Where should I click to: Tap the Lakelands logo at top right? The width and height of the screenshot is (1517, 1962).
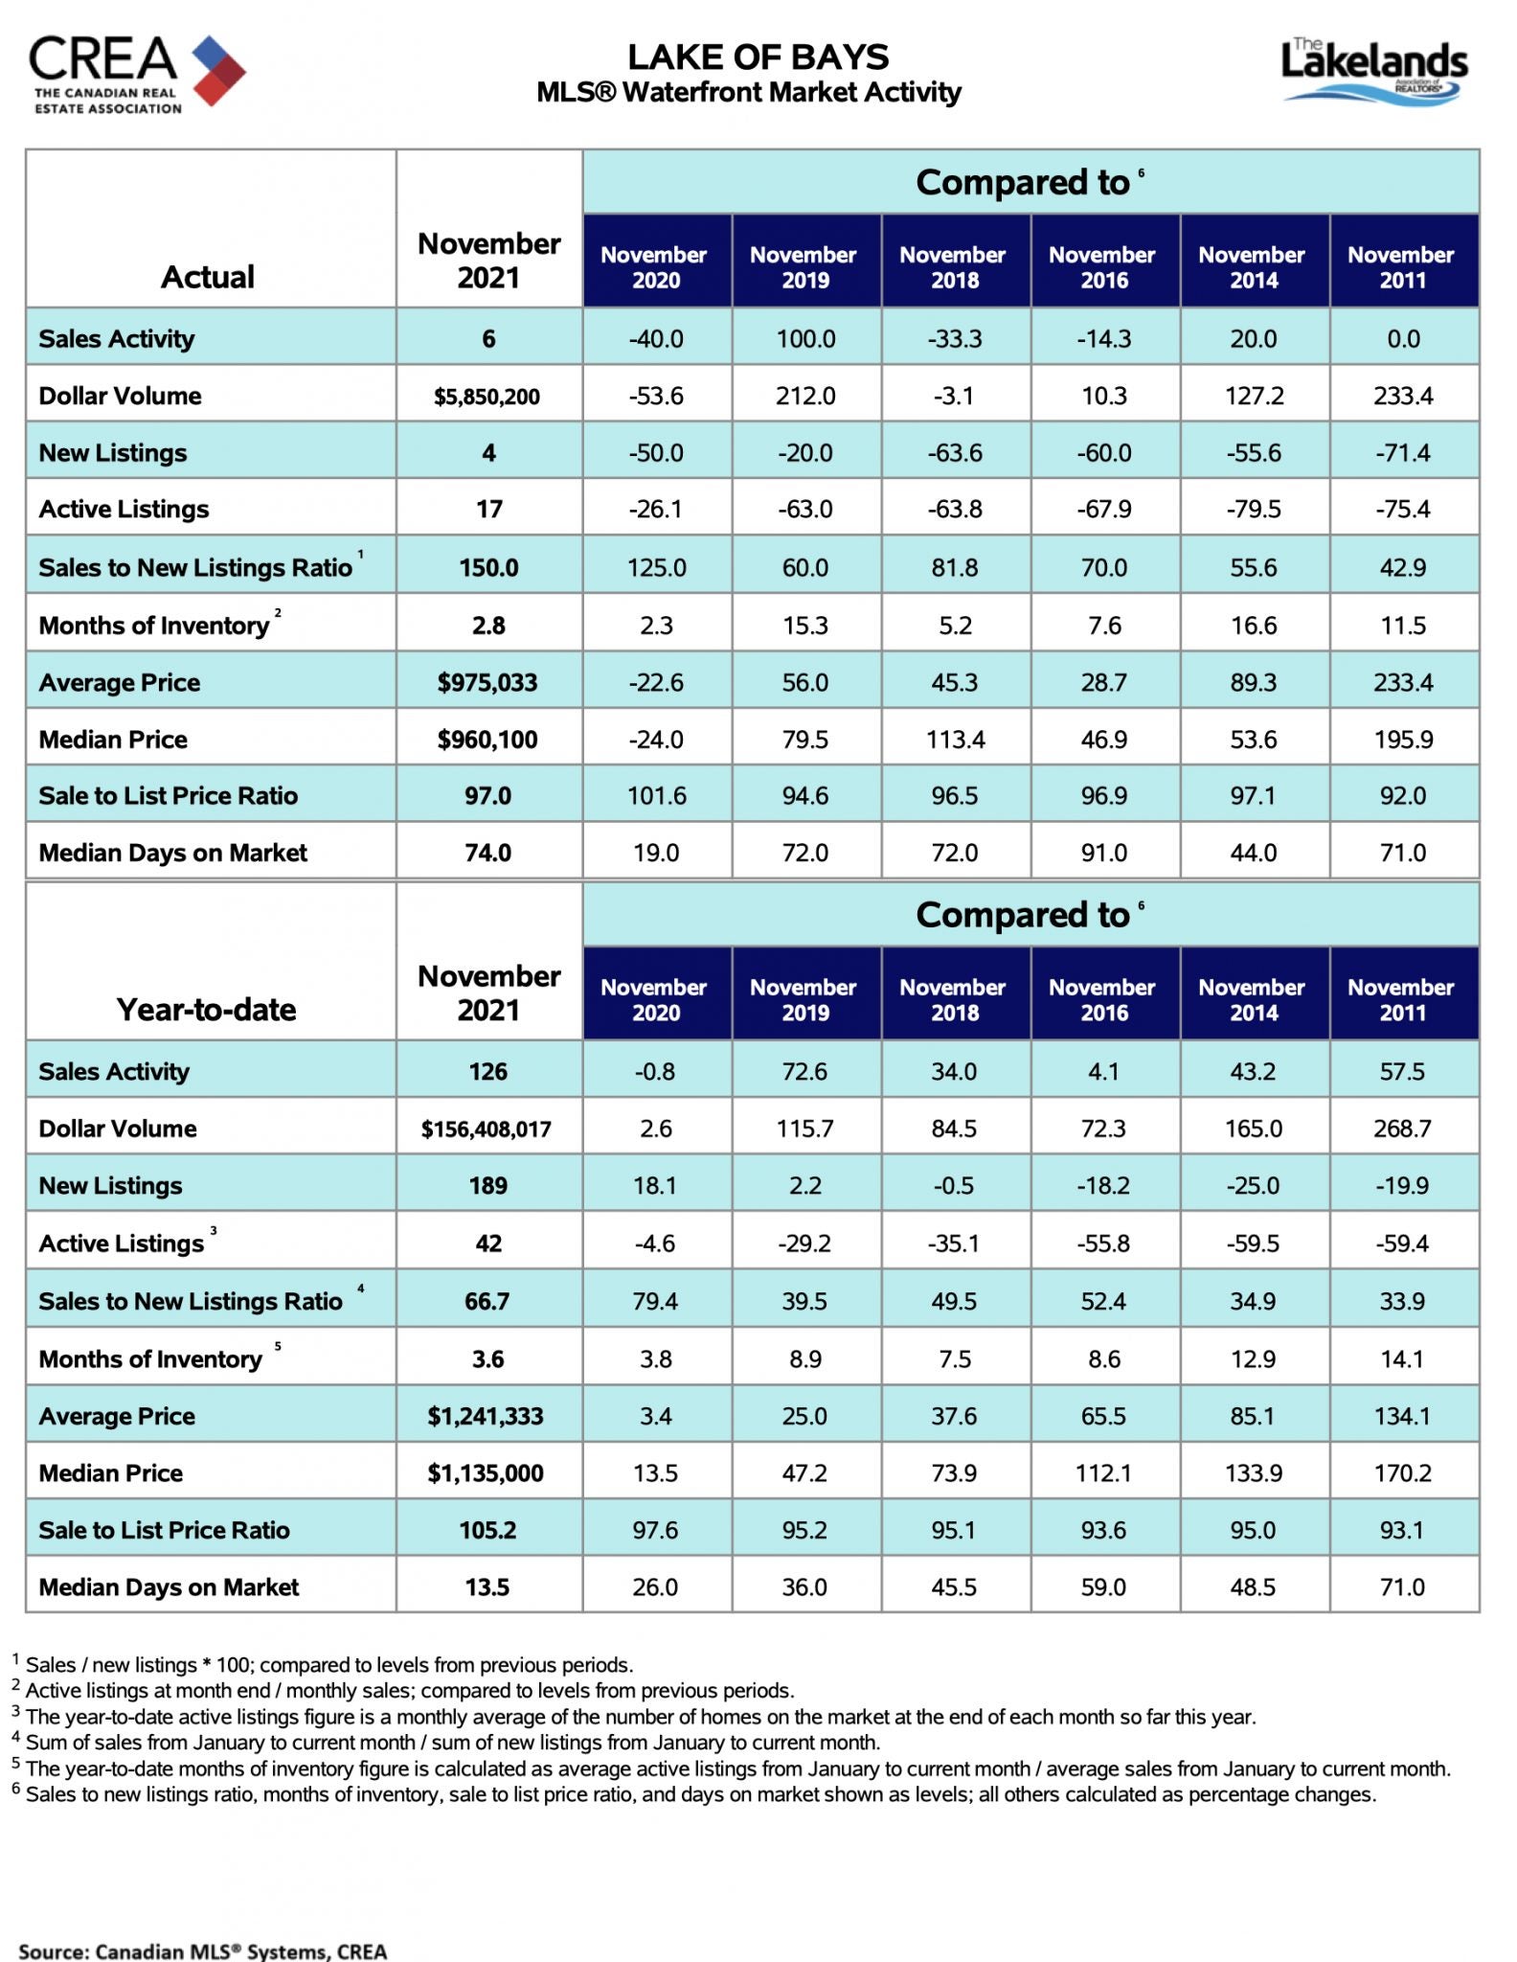[1374, 70]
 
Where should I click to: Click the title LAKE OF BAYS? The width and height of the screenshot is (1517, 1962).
[758, 57]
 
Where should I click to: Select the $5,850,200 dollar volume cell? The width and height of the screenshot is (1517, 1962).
[487, 396]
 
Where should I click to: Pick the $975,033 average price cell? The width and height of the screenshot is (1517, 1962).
[487, 682]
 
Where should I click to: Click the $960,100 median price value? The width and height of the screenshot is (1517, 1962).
[487, 739]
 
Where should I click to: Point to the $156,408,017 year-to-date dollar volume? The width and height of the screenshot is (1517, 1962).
[487, 1129]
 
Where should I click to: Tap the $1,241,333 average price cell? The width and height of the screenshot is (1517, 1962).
[486, 1416]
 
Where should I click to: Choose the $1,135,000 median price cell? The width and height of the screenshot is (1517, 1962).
[486, 1472]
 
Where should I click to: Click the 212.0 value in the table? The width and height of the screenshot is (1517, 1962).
[805, 396]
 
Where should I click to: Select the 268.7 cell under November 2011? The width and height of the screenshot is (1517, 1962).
[1402, 1129]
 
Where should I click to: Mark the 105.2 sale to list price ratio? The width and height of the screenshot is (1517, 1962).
[487, 1530]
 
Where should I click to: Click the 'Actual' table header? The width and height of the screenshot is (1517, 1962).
[208, 277]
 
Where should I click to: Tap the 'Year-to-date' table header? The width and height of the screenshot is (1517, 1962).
[207, 1010]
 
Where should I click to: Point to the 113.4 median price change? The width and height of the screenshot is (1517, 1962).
[955, 739]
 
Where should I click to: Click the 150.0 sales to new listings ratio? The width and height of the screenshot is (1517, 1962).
[488, 567]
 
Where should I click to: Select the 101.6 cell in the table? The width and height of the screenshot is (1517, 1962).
[656, 795]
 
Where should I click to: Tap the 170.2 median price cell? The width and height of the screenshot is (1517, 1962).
[1402, 1472]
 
